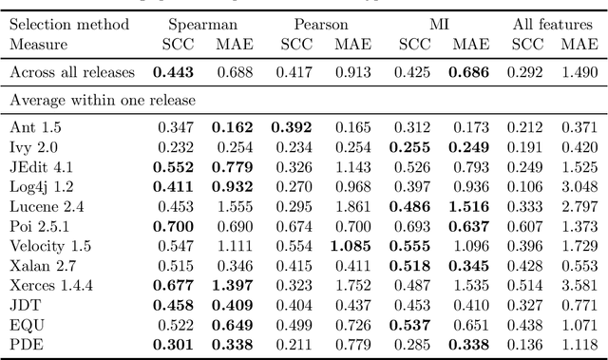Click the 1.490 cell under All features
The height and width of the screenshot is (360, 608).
click(579, 72)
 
